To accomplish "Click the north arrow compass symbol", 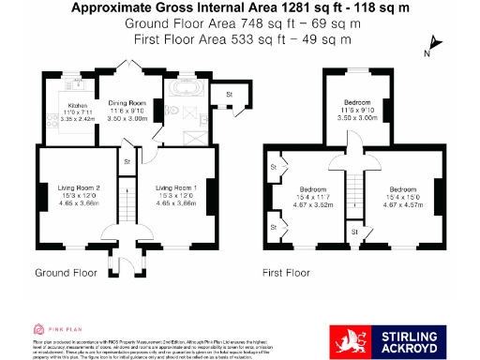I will tap(432, 44).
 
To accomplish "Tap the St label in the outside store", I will tap(228, 95).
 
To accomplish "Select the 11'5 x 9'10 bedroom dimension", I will tap(356, 111).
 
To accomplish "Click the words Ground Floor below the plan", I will tap(66, 273).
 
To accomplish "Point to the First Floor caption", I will tap(286, 273).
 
